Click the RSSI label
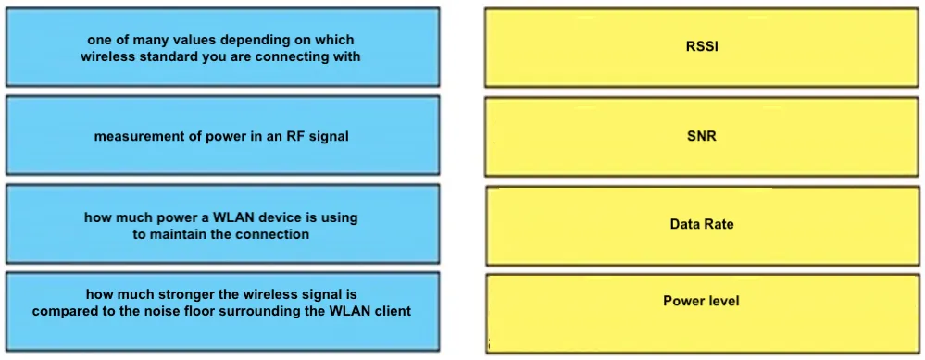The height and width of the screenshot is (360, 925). tap(702, 47)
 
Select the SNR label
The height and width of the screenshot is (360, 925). tap(702, 136)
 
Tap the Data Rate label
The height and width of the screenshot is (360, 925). tap(702, 224)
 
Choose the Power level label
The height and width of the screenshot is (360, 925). tap(702, 301)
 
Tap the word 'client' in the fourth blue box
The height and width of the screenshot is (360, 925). tap(393, 311)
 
